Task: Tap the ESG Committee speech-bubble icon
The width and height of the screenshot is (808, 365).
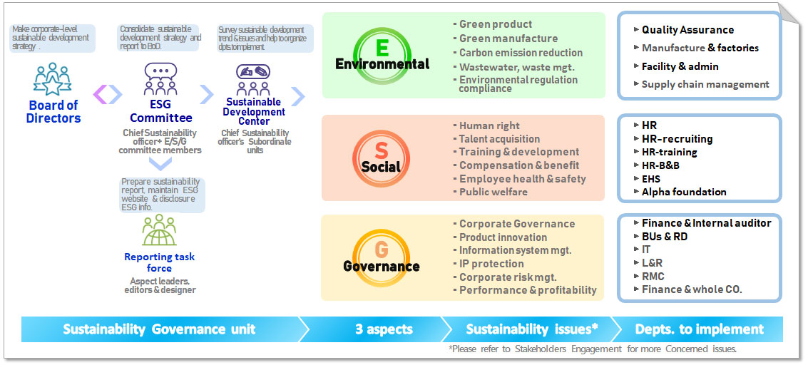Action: pyautogui.click(x=160, y=78)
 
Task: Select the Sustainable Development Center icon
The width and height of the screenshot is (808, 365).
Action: pyautogui.click(x=253, y=80)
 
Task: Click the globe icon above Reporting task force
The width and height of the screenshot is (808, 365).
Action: pyautogui.click(x=159, y=230)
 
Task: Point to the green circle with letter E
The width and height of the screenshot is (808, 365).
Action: pyautogui.click(x=382, y=54)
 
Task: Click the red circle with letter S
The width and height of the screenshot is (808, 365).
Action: pyautogui.click(x=381, y=158)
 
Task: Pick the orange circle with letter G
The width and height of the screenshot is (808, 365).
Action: pyautogui.click(x=382, y=258)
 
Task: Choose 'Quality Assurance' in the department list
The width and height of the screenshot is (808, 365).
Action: pyautogui.click(x=687, y=30)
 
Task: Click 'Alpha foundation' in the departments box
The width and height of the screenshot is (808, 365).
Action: pyautogui.click(x=684, y=192)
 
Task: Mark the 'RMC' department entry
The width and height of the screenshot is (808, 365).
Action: pyautogui.click(x=653, y=276)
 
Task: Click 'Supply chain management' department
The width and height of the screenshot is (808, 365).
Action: pyautogui.click(x=705, y=84)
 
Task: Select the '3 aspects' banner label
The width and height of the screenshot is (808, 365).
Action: pyautogui.click(x=384, y=329)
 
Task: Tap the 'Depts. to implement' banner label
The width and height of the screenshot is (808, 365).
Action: pyautogui.click(x=700, y=329)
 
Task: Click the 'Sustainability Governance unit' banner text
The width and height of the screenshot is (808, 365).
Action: pyautogui.click(x=159, y=329)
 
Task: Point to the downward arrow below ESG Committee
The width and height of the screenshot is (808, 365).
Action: pyautogui.click(x=160, y=164)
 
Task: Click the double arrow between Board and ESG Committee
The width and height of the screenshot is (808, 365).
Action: pyautogui.click(x=108, y=95)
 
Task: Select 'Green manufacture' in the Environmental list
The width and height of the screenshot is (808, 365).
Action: pyautogui.click(x=508, y=38)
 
